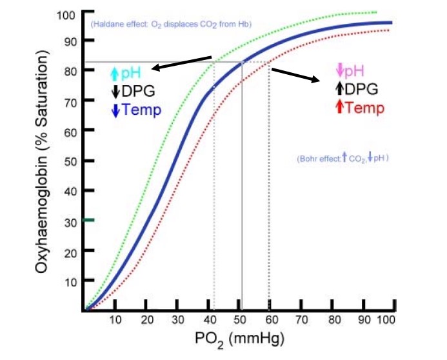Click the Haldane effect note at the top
171,24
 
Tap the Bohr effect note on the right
342,157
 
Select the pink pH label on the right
355,71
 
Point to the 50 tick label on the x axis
239,320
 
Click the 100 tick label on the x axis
385,320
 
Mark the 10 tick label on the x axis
115,320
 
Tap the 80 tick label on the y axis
69,71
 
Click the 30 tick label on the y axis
69,221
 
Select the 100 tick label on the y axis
66,14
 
